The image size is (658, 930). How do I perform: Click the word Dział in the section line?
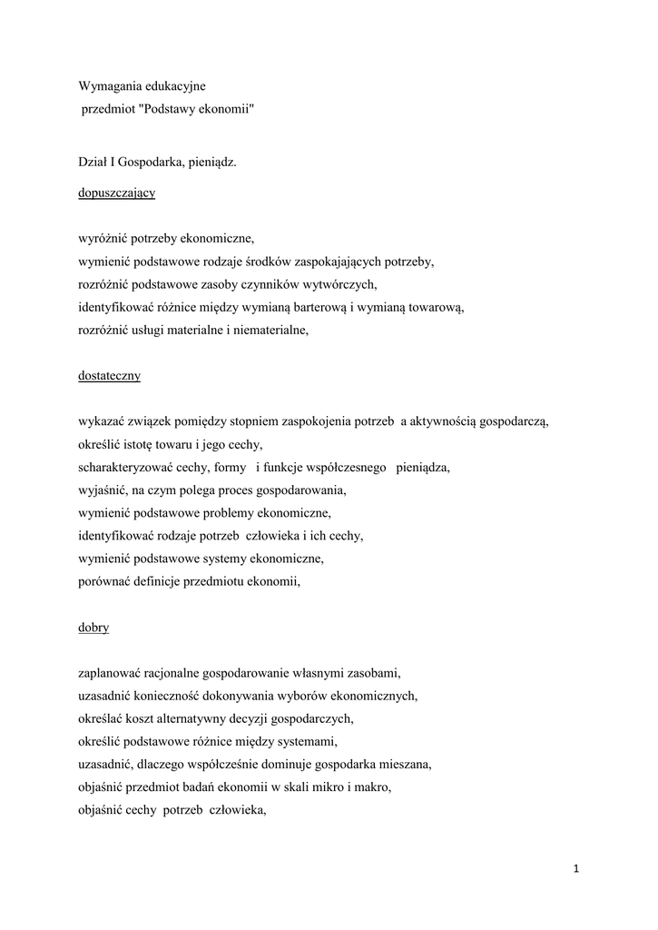[93, 163]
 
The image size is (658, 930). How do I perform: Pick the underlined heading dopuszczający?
[116, 193]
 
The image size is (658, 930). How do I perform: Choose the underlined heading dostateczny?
[109, 374]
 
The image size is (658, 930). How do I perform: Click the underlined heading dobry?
[93, 627]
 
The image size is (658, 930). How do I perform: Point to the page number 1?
[575, 869]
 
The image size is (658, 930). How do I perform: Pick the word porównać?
[103, 583]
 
